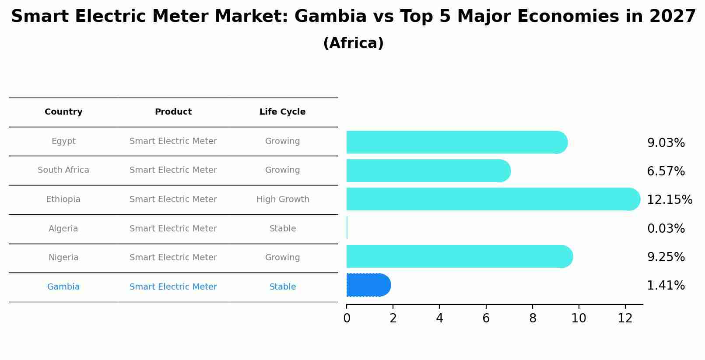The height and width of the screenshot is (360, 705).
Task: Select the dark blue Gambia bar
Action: (368, 285)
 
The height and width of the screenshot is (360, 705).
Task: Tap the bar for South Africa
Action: (428, 171)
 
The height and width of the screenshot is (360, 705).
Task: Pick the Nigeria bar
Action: (459, 256)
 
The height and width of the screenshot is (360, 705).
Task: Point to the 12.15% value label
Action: (669, 200)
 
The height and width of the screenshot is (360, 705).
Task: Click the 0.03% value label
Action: (666, 229)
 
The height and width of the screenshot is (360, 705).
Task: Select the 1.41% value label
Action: (666, 286)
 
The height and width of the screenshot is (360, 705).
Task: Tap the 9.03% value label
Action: (666, 143)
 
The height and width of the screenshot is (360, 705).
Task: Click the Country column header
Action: (63, 112)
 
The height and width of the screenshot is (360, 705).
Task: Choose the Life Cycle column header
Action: (282, 112)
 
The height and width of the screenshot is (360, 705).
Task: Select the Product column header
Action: (173, 112)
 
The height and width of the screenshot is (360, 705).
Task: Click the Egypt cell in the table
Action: (63, 141)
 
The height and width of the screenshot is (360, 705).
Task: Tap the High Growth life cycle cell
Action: (283, 199)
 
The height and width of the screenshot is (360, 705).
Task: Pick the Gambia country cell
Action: (63, 287)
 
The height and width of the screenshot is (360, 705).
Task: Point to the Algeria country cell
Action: (63, 229)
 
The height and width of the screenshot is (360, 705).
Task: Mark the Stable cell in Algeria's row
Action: (283, 229)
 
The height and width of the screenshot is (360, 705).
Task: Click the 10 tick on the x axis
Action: (579, 318)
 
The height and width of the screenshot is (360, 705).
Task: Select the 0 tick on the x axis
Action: (347, 318)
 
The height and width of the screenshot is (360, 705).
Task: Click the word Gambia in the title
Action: (330, 17)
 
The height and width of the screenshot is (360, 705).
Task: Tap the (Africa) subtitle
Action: (353, 43)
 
